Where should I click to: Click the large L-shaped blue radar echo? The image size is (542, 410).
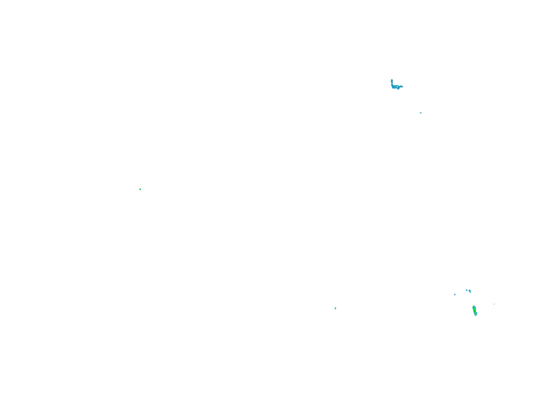pos(394,86)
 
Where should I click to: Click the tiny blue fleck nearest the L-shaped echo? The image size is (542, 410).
pos(421,113)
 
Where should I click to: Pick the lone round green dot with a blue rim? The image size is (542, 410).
pos(140,189)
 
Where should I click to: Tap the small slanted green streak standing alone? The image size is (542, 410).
pos(335,308)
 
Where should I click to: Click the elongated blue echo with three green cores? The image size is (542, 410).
pos(475,310)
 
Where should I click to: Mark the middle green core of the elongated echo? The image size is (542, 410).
pos(475,310)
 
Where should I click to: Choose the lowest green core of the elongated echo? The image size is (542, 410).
pos(476,314)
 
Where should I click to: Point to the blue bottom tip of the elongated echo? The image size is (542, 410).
pos(476,315)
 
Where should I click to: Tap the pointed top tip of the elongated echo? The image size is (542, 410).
pos(473,306)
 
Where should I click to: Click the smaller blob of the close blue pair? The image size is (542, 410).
pos(467,290)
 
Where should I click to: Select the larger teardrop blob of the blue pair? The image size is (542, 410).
pos(470,291)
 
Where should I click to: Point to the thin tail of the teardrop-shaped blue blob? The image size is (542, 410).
pos(470,292)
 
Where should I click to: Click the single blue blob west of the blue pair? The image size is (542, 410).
pos(455,294)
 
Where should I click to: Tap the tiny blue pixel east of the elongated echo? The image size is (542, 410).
pos(494,304)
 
